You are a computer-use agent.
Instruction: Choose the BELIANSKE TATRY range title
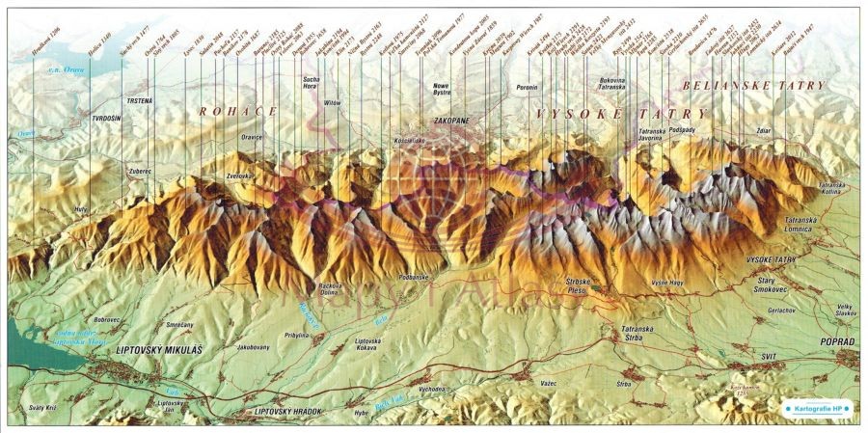(752, 86)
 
